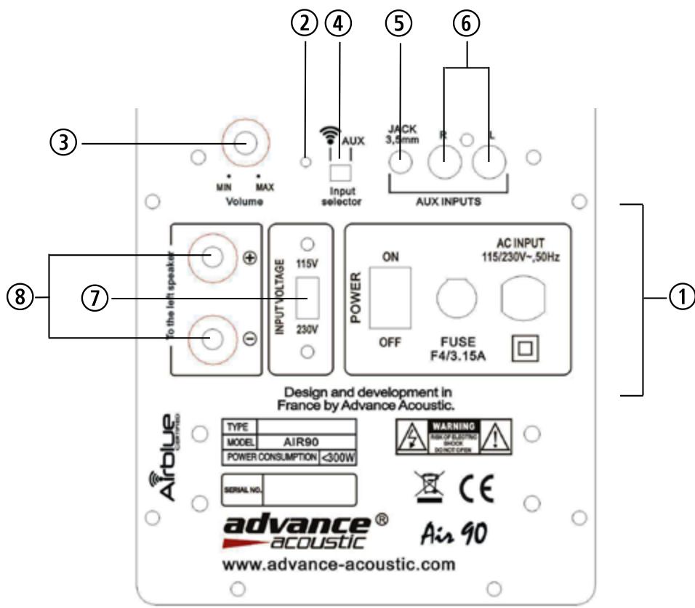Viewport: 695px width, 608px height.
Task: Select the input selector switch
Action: coord(340,172)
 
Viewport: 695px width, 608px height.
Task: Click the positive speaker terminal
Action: coord(212,258)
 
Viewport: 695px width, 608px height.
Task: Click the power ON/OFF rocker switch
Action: coord(387,299)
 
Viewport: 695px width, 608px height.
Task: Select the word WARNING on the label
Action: coord(453,424)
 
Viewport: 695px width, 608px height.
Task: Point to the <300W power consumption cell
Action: coord(337,458)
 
